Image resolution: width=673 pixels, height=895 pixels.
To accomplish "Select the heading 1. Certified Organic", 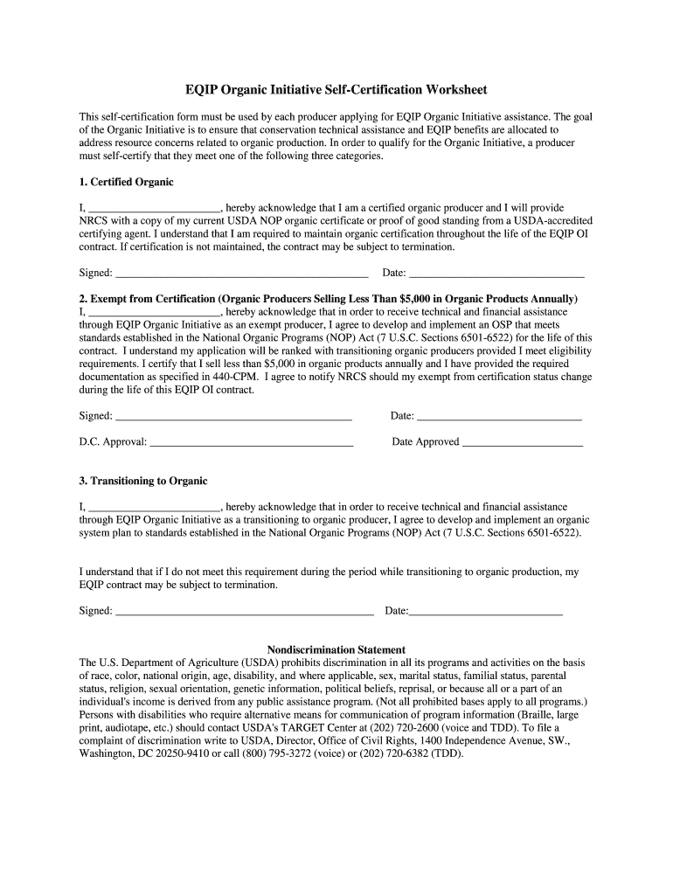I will coord(126,182).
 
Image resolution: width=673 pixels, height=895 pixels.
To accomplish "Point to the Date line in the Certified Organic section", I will coord(496,274).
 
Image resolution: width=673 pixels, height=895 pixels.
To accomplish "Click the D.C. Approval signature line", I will coord(252,442).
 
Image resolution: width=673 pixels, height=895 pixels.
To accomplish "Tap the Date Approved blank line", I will coord(522,442).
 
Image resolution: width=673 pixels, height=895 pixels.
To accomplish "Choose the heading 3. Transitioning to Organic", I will coord(143,481).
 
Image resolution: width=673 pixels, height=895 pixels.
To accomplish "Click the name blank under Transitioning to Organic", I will coord(156,508).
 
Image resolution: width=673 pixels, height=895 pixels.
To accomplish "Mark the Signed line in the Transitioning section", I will coord(245,612).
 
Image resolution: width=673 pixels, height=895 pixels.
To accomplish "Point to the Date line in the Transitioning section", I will coord(486,612).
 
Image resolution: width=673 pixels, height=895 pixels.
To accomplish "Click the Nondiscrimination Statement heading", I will coord(336,649).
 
